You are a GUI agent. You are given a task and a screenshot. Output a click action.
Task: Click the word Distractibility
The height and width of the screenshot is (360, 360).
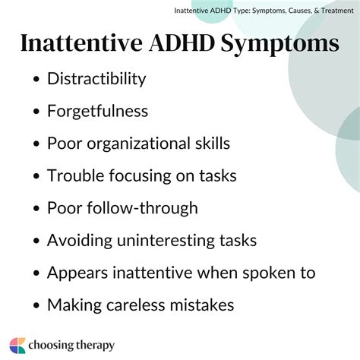click(x=96, y=78)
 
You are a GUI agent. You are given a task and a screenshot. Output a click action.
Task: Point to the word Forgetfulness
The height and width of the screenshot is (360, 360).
click(x=97, y=111)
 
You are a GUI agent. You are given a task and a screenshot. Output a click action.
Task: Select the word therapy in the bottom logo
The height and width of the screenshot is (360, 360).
click(x=93, y=345)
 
